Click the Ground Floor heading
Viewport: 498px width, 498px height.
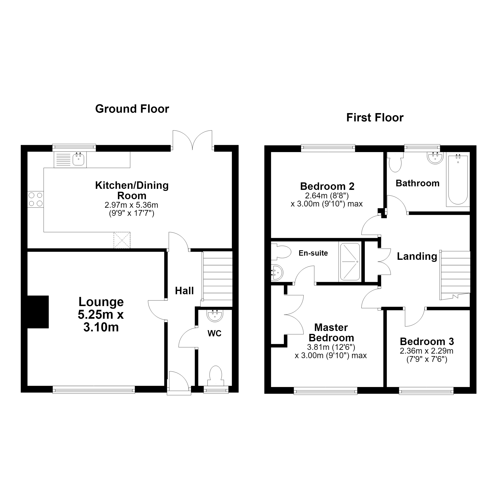point(132,109)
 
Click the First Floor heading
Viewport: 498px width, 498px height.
point(375,117)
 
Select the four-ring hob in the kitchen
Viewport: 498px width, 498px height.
point(35,199)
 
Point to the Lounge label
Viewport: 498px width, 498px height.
point(101,302)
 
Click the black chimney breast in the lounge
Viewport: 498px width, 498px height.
point(38,312)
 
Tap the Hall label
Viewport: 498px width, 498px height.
point(184,291)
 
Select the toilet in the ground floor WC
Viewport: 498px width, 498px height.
point(216,376)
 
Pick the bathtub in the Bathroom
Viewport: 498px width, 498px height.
point(458,180)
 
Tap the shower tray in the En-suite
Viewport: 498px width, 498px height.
point(350,261)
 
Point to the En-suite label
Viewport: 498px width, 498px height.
point(313,253)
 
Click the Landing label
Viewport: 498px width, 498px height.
point(417,256)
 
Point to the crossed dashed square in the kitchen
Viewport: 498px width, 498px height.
point(122,240)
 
